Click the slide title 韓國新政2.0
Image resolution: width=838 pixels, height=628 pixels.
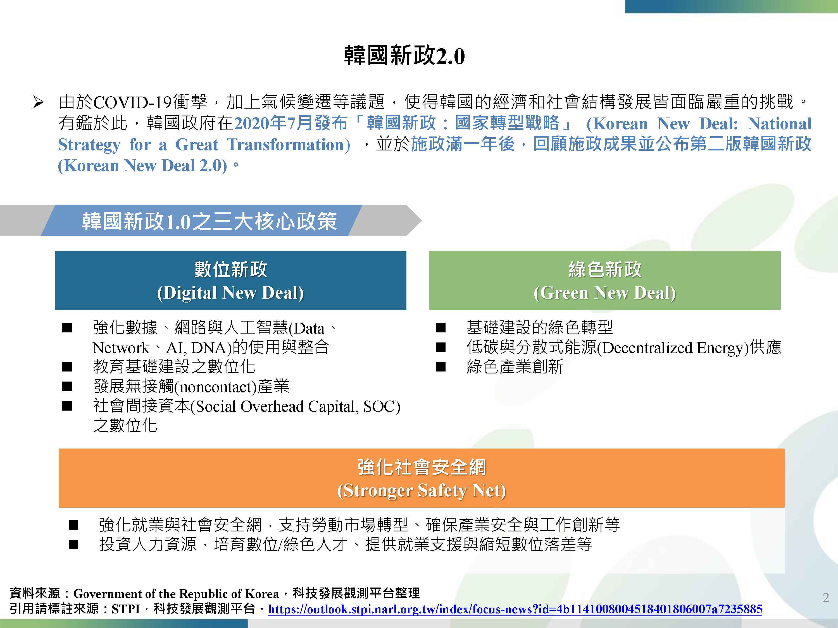[x=404, y=56]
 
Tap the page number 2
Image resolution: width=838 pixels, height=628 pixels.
[x=826, y=597]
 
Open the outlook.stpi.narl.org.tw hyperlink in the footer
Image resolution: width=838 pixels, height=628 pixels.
[x=515, y=609]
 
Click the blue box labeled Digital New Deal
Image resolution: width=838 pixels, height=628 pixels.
[x=230, y=281]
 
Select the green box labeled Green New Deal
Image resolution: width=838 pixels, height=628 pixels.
[x=605, y=281]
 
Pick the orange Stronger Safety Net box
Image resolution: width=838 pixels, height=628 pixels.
[x=421, y=478]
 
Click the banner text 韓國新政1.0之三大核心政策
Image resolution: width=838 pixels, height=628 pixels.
[x=209, y=221]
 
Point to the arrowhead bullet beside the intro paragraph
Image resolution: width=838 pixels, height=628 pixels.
[x=39, y=102]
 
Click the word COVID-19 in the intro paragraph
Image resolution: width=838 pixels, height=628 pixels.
[x=132, y=102]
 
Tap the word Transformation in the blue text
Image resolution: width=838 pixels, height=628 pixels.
[x=288, y=145]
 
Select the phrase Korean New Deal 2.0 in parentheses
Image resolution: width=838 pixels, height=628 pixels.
[x=142, y=166]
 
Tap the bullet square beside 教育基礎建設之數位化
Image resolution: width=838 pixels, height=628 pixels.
[x=67, y=367]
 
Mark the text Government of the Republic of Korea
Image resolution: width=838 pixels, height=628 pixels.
[x=176, y=594]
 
